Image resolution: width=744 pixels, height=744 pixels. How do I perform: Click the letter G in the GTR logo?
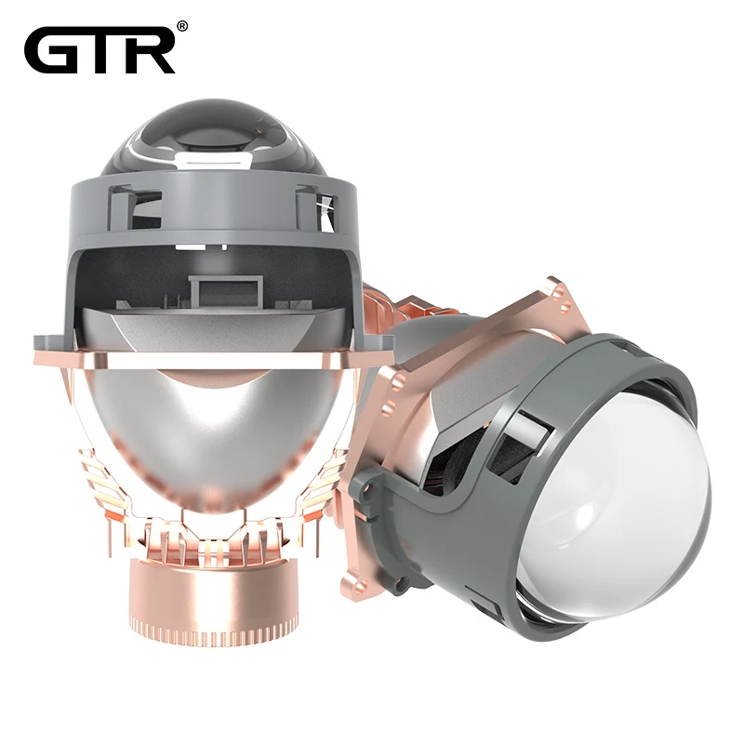[x=50, y=50]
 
